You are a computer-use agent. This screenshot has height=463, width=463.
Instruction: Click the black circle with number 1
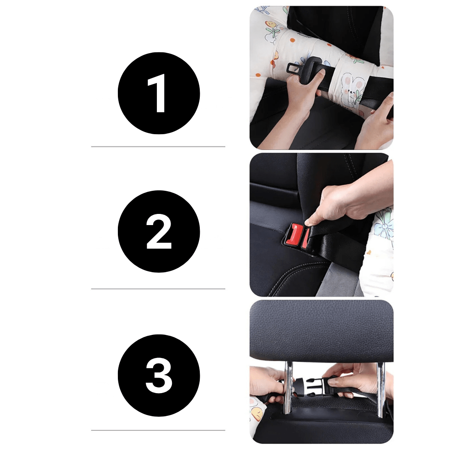(x=159, y=93)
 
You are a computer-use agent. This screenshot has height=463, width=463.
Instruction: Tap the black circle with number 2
(x=159, y=231)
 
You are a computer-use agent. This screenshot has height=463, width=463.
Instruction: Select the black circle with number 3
(x=159, y=375)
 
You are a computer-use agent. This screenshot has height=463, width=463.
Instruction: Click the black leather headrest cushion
(x=322, y=330)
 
